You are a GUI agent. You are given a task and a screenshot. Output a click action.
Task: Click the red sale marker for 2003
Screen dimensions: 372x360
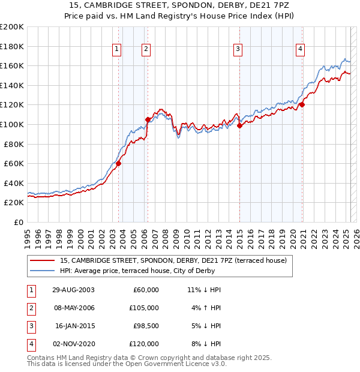coord(119,163)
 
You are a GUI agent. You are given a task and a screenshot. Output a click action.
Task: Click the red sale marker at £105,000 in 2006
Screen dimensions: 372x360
coord(148,119)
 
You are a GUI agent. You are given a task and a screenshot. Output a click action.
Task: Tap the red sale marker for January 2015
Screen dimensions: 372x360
coord(239,126)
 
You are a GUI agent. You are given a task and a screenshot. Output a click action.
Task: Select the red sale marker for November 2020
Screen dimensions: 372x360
coord(302,104)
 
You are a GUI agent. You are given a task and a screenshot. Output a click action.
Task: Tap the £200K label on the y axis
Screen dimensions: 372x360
coord(12,27)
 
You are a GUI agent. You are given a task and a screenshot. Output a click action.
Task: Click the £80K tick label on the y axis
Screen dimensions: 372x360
coord(14,144)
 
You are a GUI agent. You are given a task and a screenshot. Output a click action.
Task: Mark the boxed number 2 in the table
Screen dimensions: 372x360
coord(30,308)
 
